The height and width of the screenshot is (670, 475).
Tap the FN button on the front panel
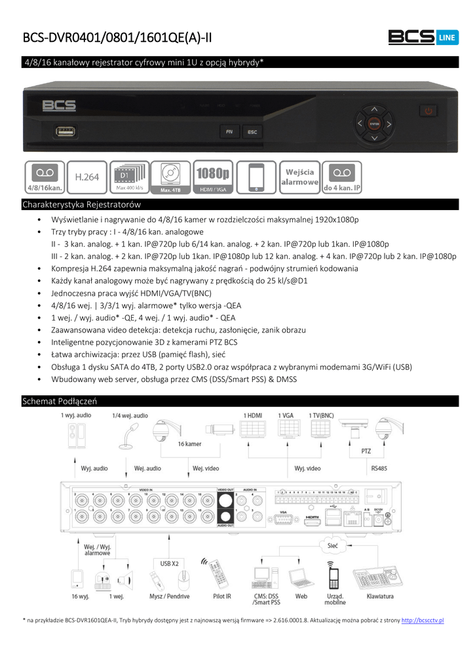[x=229, y=132]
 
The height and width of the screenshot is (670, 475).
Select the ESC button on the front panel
[x=252, y=132]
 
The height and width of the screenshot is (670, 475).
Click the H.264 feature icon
[x=87, y=177]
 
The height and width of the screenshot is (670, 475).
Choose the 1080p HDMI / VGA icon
[x=213, y=177]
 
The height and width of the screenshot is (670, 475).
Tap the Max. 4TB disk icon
[x=170, y=177]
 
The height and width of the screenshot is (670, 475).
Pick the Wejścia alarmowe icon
[x=299, y=177]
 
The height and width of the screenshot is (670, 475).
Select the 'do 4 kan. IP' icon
[x=342, y=177]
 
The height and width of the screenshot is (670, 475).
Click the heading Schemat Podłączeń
[x=60, y=401]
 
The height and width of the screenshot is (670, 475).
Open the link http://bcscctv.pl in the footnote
[x=422, y=619]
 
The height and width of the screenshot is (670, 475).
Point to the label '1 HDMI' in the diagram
[x=253, y=415]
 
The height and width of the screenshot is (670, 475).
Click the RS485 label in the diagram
[x=379, y=468]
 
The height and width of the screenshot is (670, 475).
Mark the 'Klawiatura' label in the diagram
[x=380, y=596]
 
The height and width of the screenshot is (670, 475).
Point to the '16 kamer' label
[x=189, y=443]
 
